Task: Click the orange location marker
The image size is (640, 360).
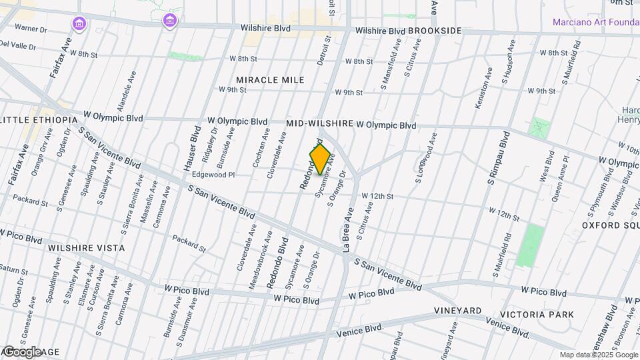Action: pos(320,159)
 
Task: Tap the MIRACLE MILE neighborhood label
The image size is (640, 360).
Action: pos(270,80)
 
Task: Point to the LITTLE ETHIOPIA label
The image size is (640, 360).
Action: pos(40,119)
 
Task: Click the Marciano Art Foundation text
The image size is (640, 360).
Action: pos(595,22)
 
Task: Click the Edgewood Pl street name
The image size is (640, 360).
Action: pos(213,175)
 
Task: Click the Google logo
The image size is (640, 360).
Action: pos(23,351)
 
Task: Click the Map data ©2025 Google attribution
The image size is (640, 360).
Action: pos(598,355)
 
